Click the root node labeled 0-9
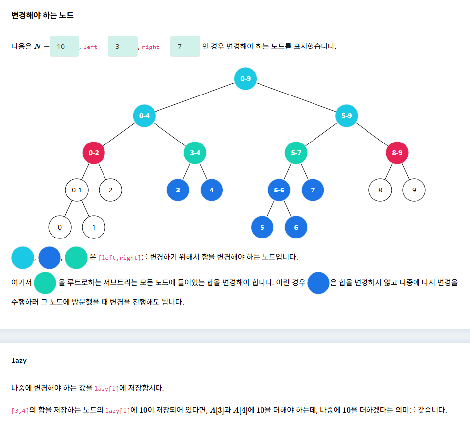tap(245, 79)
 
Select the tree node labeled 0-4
tap(145, 116)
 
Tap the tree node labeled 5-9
tap(346, 116)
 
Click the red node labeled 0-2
tap(94, 153)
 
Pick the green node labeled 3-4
tap(195, 153)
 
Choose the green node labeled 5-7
tap(296, 153)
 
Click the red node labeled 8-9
tap(397, 153)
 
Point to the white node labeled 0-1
tap(77, 190)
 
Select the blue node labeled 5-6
tap(279, 190)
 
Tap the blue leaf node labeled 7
tap(313, 190)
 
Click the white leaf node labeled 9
tap(414, 190)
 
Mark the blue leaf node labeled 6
tap(296, 228)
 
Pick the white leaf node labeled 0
tap(60, 228)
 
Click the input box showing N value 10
tap(64, 47)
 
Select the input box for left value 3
tap(122, 47)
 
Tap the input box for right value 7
tap(185, 47)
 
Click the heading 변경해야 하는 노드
tap(43, 16)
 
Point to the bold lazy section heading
tap(19, 361)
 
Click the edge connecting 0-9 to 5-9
tap(296, 97)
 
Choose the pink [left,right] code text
tap(119, 258)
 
